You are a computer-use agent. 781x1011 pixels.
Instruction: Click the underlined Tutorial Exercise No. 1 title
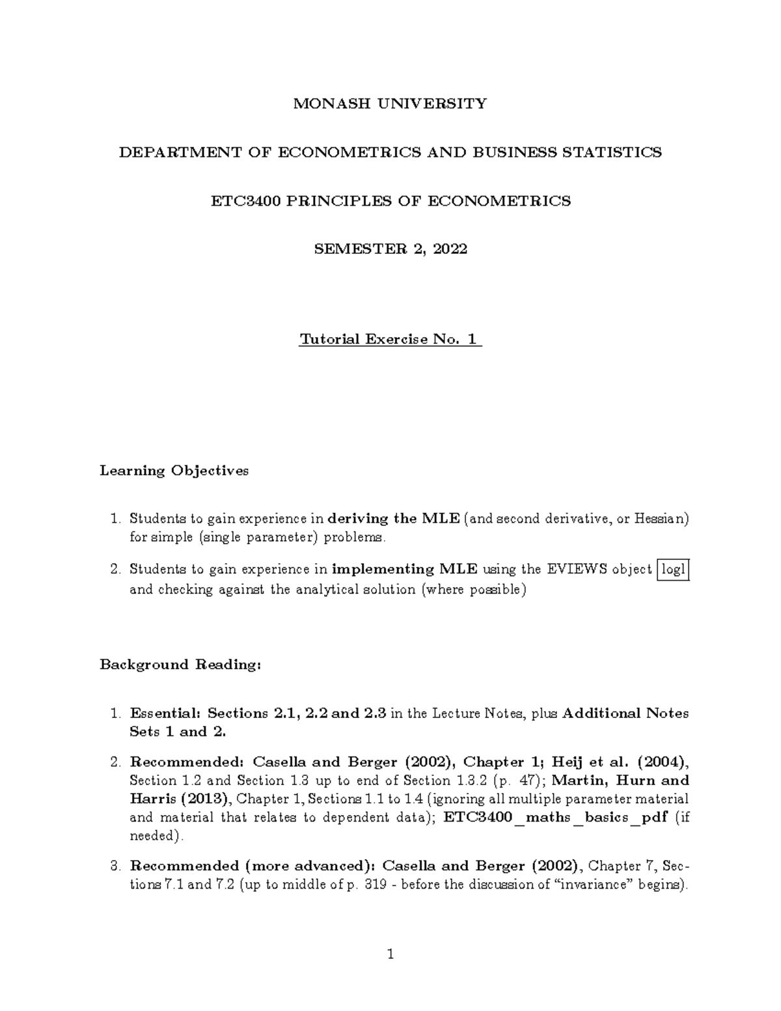[389, 339]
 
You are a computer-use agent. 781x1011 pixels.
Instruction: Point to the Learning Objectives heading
[174, 471]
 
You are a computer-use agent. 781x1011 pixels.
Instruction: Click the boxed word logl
[673, 570]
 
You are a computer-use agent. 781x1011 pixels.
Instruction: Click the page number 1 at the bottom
[390, 955]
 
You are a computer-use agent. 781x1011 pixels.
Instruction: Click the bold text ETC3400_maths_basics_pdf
[555, 818]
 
